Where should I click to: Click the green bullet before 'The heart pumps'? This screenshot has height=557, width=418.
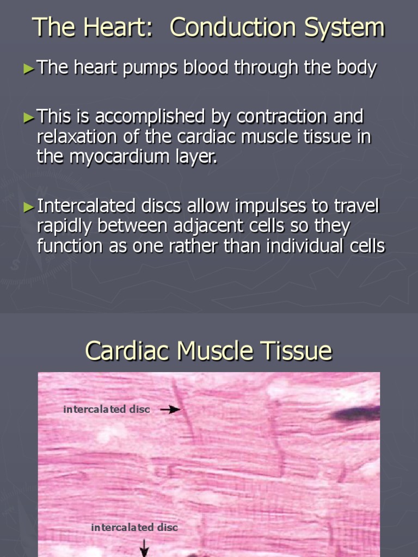(28, 69)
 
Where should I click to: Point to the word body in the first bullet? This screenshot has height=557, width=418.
(356, 68)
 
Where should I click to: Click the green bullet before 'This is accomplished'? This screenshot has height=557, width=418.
(28, 116)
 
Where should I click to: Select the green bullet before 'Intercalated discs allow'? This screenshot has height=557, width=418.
(28, 206)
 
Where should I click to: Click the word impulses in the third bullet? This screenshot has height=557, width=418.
(264, 206)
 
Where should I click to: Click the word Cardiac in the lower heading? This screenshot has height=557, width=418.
(127, 351)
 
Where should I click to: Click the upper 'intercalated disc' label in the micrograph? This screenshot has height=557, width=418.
(107, 409)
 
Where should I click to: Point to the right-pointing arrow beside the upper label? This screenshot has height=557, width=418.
(170, 410)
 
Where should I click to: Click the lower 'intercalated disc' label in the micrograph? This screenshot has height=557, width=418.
(134, 527)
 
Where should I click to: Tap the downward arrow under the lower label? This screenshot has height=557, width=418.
(144, 548)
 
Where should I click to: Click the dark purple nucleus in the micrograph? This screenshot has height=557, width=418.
(356, 414)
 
